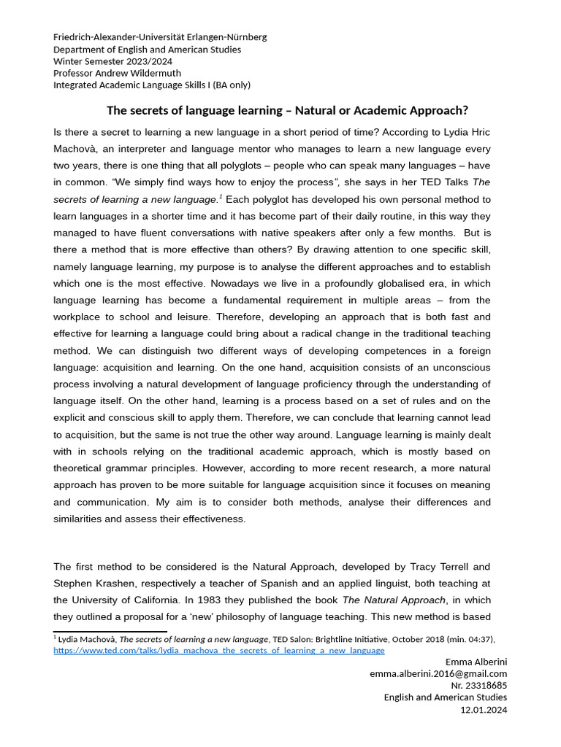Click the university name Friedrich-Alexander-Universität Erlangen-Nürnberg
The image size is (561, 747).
(x=160, y=37)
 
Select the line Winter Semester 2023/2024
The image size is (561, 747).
(x=113, y=61)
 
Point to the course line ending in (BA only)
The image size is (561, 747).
(x=152, y=85)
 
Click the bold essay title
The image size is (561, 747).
(x=287, y=111)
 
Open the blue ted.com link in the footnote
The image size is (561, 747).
(x=218, y=650)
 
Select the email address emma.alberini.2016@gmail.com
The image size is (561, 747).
(x=438, y=673)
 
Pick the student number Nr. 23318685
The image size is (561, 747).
(x=479, y=685)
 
